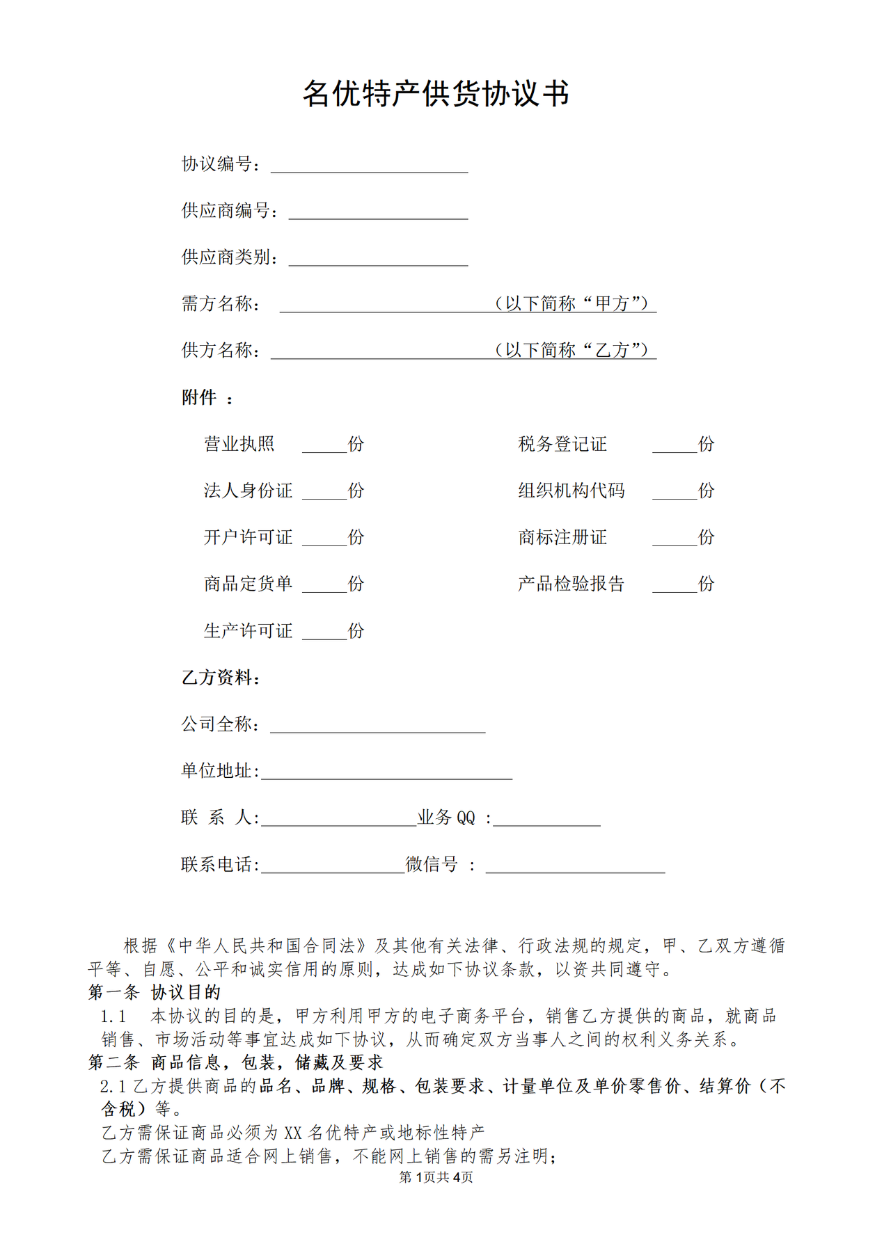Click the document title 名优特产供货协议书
tap(436, 94)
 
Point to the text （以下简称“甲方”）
tap(573, 303)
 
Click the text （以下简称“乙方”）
tap(573, 350)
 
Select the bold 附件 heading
tap(200, 397)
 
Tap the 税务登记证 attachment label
tap(562, 444)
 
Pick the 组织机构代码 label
tap(571, 491)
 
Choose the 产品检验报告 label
tap(571, 584)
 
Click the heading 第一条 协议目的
tap(155, 992)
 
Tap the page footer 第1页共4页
tap(436, 1177)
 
